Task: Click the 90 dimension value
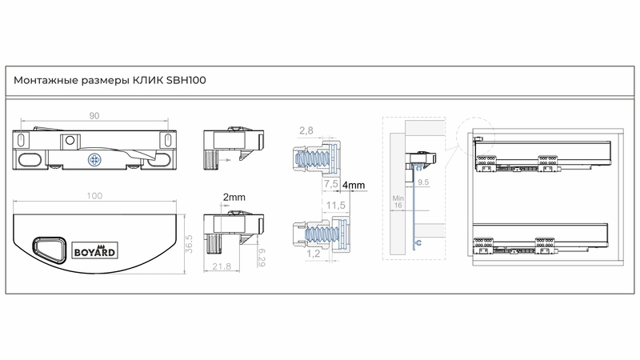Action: pyautogui.click(x=94, y=116)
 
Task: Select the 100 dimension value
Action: pyautogui.click(x=94, y=196)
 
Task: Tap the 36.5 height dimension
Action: pyautogui.click(x=189, y=244)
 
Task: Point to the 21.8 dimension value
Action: pyautogui.click(x=222, y=266)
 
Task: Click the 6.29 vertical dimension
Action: pyautogui.click(x=262, y=258)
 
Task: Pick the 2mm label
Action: pyautogui.click(x=234, y=198)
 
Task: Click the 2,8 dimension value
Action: pyautogui.click(x=306, y=130)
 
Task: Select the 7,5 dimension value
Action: pyautogui.click(x=331, y=184)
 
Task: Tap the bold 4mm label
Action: pyautogui.click(x=354, y=186)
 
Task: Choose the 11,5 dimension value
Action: pyautogui.click(x=335, y=206)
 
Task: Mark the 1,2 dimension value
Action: pyautogui.click(x=313, y=254)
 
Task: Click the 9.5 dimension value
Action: pyautogui.click(x=423, y=182)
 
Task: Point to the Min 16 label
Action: pyautogui.click(x=398, y=202)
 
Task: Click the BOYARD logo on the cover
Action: pyautogui.click(x=95, y=250)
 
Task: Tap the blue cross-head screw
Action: pyautogui.click(x=94, y=159)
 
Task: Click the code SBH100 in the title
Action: pyautogui.click(x=186, y=80)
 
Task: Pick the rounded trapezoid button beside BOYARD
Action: pyautogui.click(x=49, y=249)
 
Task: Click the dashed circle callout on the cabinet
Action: pyautogui.click(x=475, y=137)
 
